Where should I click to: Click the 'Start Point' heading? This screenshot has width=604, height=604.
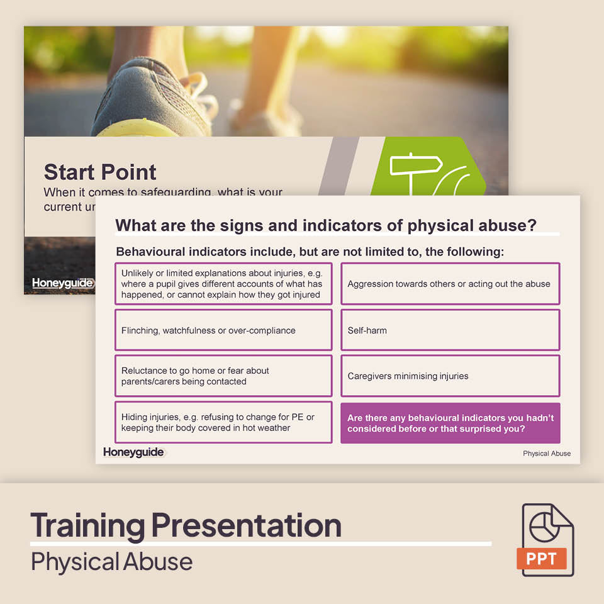click(100, 172)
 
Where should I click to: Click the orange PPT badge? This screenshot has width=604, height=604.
click(542, 559)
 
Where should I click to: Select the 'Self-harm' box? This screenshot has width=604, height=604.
click(450, 330)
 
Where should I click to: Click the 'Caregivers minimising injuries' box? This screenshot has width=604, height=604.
click(450, 376)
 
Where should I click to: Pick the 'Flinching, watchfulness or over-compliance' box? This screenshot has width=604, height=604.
click(223, 330)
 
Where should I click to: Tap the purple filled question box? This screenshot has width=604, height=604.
click(450, 423)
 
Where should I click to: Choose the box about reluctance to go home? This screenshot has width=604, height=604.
click(223, 376)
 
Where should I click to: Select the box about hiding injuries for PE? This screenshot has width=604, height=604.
click(223, 422)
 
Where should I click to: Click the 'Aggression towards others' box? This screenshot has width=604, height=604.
click(450, 284)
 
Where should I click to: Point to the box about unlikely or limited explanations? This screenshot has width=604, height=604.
click(223, 284)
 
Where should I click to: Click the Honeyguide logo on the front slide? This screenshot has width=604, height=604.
click(133, 452)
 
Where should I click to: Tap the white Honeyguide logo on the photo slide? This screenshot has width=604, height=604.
click(62, 283)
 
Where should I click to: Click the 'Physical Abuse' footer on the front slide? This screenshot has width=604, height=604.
click(547, 453)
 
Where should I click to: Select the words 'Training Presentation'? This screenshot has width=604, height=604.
click(186, 525)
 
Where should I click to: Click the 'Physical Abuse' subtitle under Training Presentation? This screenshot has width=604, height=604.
click(111, 561)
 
